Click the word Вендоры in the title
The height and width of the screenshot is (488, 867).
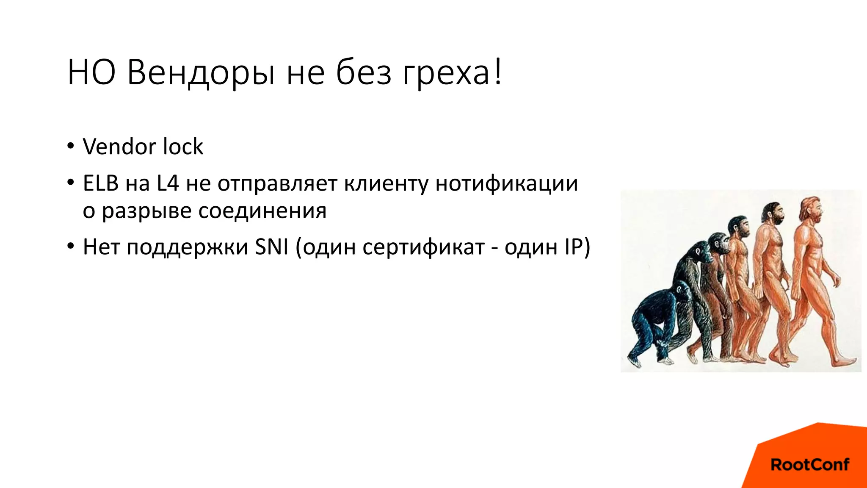[x=201, y=73]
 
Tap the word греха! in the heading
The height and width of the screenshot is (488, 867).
[x=452, y=73]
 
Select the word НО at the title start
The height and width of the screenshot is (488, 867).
[x=91, y=73]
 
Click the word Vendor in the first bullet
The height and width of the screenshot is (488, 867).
[x=120, y=147]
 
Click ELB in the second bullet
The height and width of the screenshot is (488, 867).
[x=101, y=184]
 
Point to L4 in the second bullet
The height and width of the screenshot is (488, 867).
[x=168, y=184]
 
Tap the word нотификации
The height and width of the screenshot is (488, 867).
[x=506, y=184]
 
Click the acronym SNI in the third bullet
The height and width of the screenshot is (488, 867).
[x=271, y=247]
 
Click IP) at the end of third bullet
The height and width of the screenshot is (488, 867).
[x=577, y=247]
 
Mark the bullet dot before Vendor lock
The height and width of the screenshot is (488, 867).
[x=70, y=147]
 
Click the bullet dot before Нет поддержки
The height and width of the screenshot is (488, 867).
[x=70, y=247]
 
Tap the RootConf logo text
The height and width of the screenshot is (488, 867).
[x=809, y=465]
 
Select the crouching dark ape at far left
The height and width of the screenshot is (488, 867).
[x=654, y=322]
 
